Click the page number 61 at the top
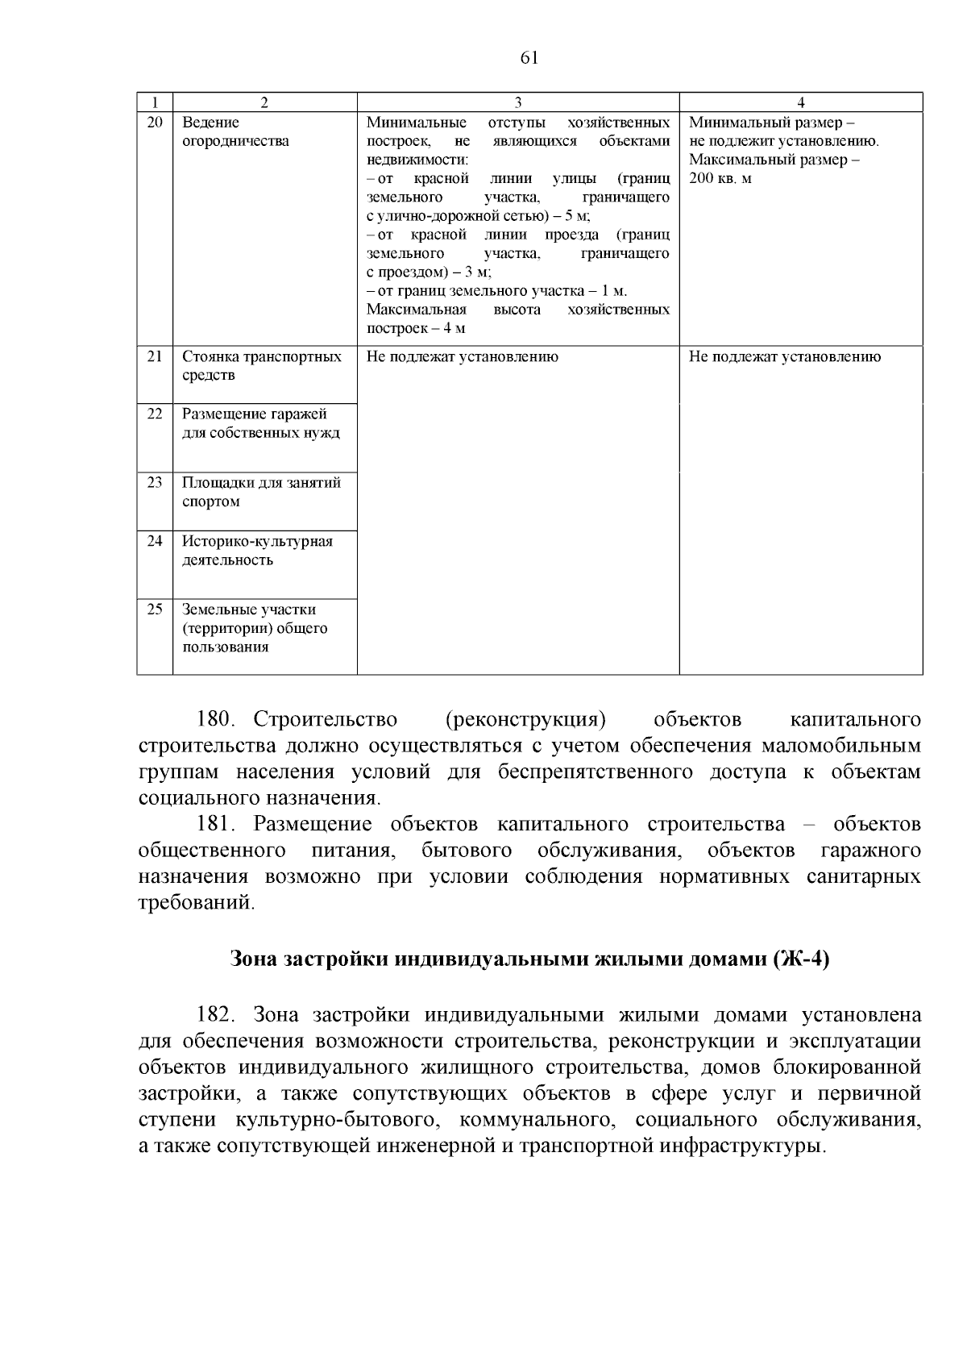tap(529, 57)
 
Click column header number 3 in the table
tap(518, 102)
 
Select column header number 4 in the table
tap(800, 102)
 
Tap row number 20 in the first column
tap(155, 123)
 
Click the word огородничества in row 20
tap(235, 142)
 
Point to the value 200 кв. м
tap(720, 178)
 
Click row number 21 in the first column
tap(155, 356)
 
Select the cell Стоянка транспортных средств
tap(261, 366)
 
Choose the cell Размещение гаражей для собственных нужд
tap(260, 424)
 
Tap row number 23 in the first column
tap(155, 483)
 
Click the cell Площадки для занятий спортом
tap(261, 493)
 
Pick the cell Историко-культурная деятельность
tap(257, 551)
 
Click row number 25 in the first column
tap(155, 610)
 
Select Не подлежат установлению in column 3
tap(462, 356)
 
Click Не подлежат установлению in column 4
tap(784, 356)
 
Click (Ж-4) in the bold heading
tap(801, 959)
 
